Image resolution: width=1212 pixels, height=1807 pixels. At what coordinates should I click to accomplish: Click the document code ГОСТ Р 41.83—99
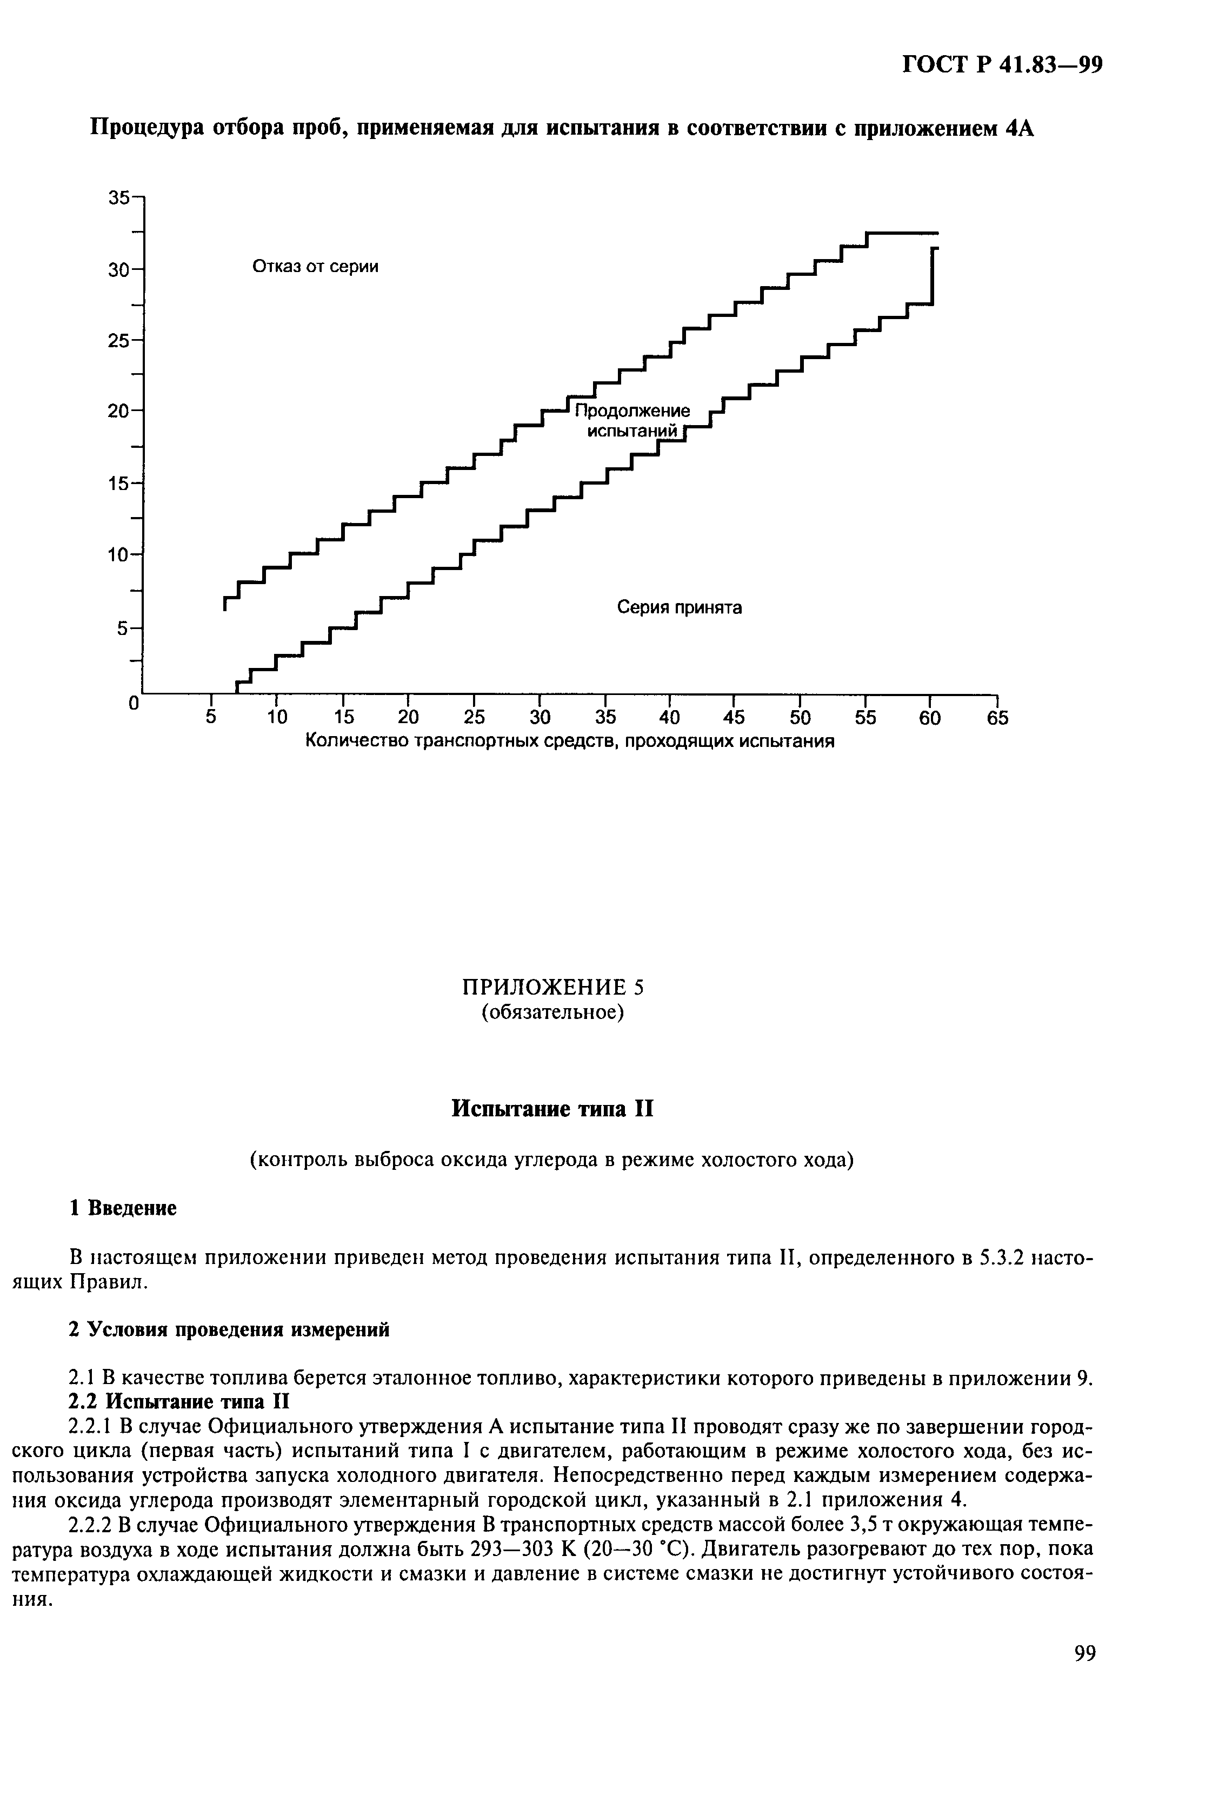coord(1001,65)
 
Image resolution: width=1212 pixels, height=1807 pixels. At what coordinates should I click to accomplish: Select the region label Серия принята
coord(678,608)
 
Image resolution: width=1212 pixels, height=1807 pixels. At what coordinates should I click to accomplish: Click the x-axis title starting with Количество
coord(570,742)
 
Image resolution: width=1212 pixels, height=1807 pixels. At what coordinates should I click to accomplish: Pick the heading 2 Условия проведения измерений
coord(229,1329)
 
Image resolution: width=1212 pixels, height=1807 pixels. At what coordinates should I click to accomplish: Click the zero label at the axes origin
coord(134,704)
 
